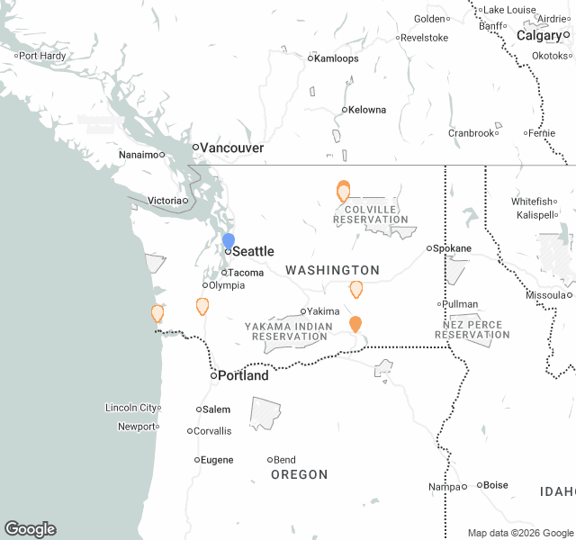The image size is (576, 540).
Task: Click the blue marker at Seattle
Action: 229,241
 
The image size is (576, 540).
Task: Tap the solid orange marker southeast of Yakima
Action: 355,324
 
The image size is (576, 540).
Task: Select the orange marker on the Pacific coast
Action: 157,313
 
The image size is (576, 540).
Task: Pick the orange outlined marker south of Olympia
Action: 202,306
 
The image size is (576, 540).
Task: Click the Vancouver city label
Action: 231,148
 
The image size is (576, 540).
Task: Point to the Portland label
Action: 244,375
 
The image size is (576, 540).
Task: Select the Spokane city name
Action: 452,248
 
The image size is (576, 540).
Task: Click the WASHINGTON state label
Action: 333,270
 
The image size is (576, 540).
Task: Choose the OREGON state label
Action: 300,474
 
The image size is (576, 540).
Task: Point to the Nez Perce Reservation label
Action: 472,328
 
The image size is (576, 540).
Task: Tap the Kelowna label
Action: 367,110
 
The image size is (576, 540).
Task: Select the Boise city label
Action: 496,485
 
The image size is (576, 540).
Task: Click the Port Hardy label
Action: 42,56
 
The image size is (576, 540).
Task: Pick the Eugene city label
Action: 217,460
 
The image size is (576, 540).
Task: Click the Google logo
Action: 30,529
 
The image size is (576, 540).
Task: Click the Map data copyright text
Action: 519,533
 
